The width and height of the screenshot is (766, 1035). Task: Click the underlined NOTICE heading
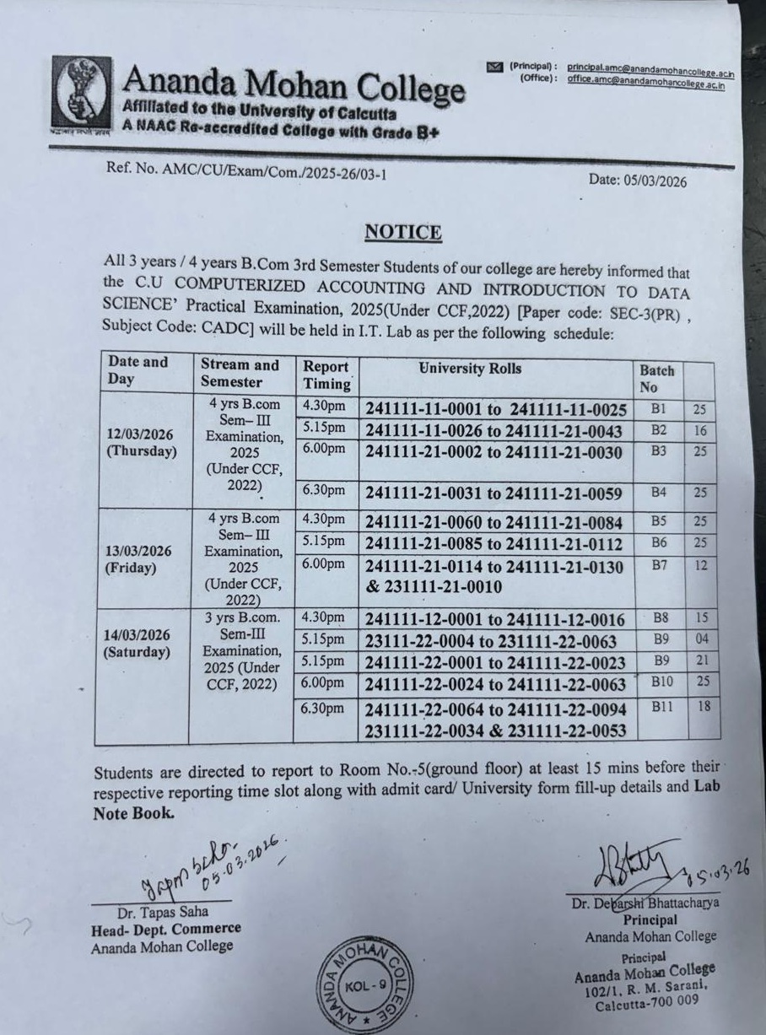point(402,232)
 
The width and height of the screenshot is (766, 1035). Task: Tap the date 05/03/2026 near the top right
point(638,181)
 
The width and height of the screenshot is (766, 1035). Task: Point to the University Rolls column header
point(470,369)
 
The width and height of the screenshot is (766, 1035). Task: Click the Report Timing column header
point(326,375)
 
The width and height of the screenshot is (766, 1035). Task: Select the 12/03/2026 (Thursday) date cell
point(142,442)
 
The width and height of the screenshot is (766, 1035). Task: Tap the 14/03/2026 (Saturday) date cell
point(138,643)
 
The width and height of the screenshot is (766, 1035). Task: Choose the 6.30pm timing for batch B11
point(323,709)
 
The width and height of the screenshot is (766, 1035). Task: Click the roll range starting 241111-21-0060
point(494,523)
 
